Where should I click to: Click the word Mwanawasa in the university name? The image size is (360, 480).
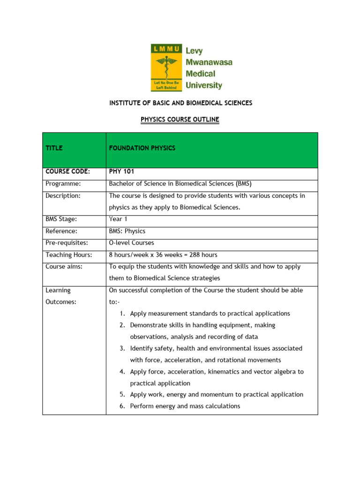[x=209, y=61]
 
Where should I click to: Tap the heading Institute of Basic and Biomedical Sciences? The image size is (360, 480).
[x=180, y=103]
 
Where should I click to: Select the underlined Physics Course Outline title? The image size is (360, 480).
[x=180, y=120]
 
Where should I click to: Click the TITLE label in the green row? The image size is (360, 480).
[x=54, y=148]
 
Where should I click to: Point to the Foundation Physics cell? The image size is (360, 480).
[x=142, y=148]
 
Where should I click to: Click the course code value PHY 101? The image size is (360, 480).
[x=121, y=172]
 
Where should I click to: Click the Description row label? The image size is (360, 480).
[x=63, y=195]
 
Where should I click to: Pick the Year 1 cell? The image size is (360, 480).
[x=119, y=219]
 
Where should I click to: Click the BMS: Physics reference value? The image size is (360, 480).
[x=127, y=231]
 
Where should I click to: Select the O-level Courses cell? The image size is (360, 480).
[x=131, y=243]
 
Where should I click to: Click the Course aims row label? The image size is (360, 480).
[x=63, y=266]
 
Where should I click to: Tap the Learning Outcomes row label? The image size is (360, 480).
[x=61, y=296]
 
